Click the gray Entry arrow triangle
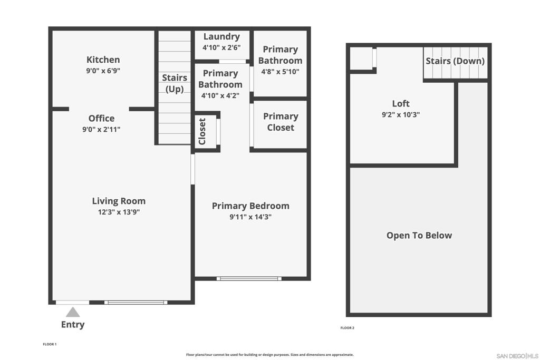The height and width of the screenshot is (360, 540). tap(73, 313)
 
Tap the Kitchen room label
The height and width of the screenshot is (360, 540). tap(103, 60)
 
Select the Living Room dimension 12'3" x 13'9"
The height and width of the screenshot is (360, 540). tap(119, 212)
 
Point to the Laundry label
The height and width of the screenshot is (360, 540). tap(221, 36)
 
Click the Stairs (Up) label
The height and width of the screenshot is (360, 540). tap(175, 83)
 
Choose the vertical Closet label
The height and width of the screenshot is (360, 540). tap(202, 131)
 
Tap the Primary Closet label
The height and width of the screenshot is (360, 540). tap(281, 122)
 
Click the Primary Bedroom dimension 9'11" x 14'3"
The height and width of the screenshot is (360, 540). tap(250, 217)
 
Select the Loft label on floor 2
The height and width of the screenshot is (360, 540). tap(401, 103)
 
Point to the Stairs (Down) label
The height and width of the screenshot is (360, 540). tap(455, 61)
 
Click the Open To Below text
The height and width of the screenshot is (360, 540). tap(419, 236)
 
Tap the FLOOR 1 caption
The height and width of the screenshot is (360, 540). tap(50, 344)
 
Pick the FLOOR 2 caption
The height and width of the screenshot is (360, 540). tap(347, 328)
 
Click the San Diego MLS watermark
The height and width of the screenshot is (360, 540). tap(517, 356)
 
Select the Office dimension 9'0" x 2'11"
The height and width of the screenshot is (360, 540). tap(101, 130)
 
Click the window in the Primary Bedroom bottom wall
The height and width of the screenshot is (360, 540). tap(249, 278)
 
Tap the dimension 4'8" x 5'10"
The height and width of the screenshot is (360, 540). tap(280, 72)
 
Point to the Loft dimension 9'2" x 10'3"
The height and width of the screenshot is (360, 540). tap(401, 114)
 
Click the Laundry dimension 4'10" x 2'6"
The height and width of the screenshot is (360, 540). tap(221, 47)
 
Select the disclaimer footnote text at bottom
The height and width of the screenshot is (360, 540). tap(269, 355)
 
